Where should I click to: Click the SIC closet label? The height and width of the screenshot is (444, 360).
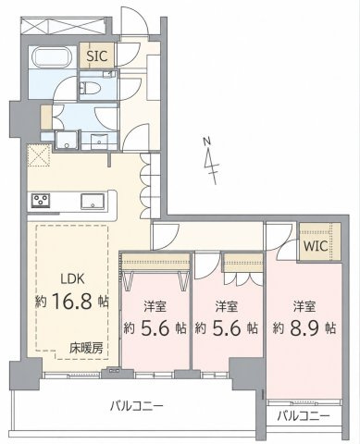(97, 56)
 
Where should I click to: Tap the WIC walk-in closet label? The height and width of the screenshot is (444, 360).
(316, 246)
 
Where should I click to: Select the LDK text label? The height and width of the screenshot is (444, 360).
(72, 279)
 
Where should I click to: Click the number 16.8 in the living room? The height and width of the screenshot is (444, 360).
(72, 302)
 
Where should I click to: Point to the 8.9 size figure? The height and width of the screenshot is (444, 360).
(304, 328)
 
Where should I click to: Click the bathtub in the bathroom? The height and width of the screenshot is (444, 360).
(53, 57)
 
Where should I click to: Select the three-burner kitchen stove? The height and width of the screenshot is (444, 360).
(41, 201)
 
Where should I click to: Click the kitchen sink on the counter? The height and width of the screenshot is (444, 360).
(93, 202)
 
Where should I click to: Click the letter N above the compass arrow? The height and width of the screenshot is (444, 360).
(206, 142)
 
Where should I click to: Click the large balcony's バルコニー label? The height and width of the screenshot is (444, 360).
(137, 406)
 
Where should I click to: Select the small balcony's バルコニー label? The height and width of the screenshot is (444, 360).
(303, 416)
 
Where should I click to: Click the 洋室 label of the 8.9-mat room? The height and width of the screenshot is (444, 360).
(304, 307)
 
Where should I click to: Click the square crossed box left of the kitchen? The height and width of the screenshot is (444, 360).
(39, 155)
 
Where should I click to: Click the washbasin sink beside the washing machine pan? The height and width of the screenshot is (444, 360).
(99, 142)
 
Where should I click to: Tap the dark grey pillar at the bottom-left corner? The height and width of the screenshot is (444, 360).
(26, 375)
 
